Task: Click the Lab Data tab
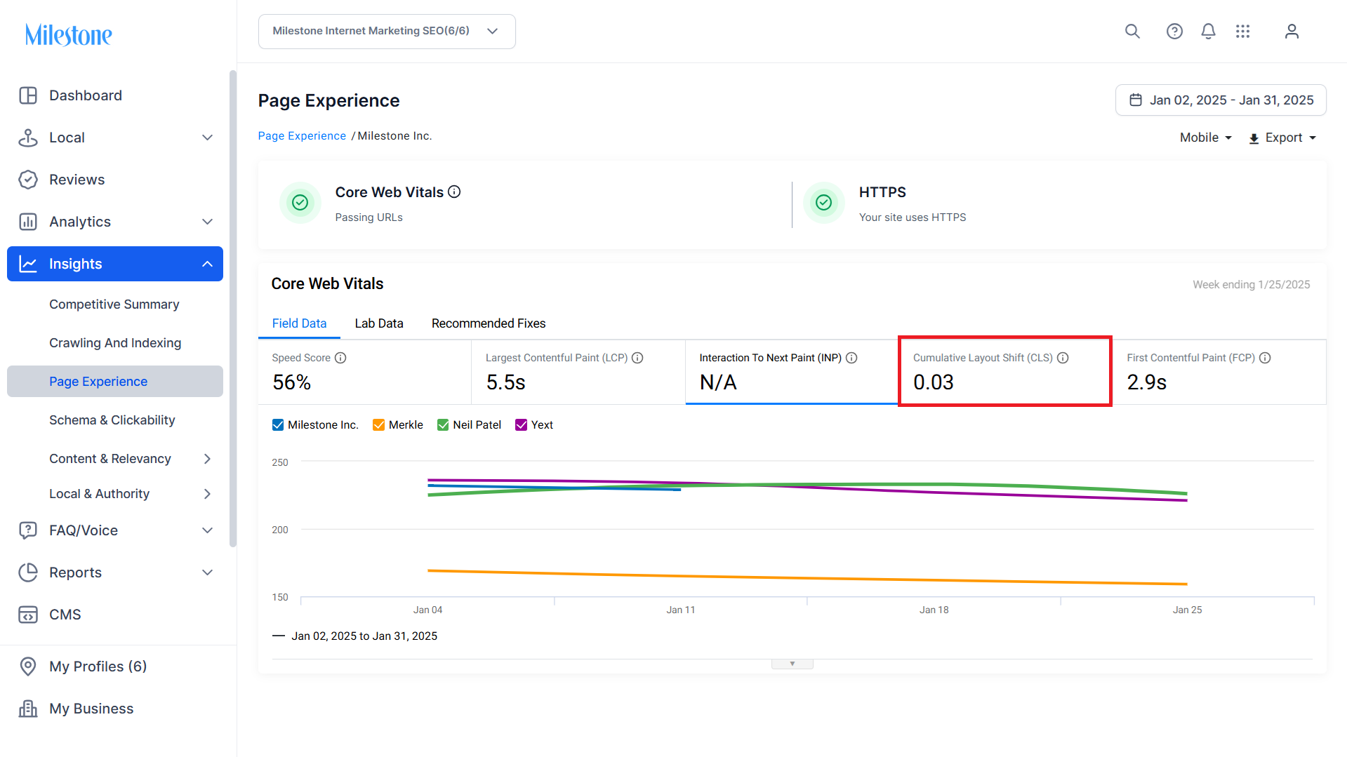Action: [x=379, y=323]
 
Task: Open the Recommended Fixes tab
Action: [x=489, y=323]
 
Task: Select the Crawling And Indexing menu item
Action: [x=115, y=343]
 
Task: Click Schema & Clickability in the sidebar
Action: [x=112, y=420]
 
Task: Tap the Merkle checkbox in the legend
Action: [x=378, y=425]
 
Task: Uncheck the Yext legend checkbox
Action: [x=521, y=425]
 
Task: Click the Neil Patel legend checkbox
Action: [x=443, y=425]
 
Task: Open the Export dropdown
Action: [x=1282, y=138]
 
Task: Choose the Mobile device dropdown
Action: [x=1206, y=138]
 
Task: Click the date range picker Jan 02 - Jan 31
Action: [x=1221, y=100]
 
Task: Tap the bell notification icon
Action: [x=1208, y=32]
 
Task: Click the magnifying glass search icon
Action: [x=1132, y=32]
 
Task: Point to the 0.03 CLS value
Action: [x=934, y=382]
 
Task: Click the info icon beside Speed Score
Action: [x=340, y=358]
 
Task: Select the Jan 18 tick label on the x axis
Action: [x=934, y=610]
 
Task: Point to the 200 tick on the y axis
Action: [x=280, y=530]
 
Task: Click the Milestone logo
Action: [x=69, y=34]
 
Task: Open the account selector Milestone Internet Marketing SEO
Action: [x=387, y=32]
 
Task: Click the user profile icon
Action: [x=1292, y=32]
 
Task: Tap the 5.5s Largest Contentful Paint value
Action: [x=505, y=382]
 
